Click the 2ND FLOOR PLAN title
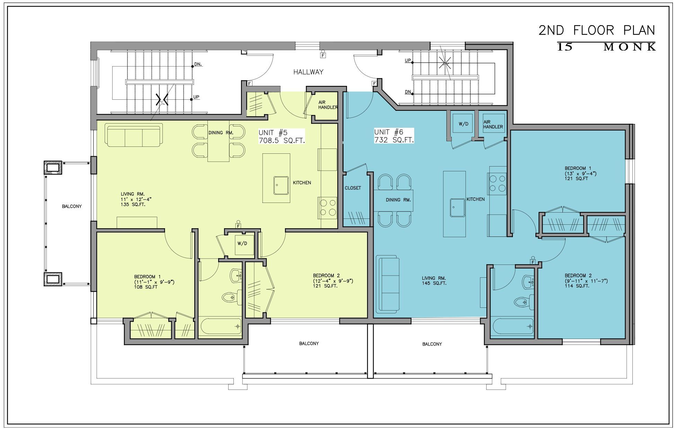point(597,30)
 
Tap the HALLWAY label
point(308,72)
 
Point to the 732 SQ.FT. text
point(394,140)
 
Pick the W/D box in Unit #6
point(463,124)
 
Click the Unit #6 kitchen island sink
point(457,207)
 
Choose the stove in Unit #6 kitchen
point(498,183)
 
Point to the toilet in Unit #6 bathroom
point(523,302)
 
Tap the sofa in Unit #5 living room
point(134,135)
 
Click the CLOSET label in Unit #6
point(353,188)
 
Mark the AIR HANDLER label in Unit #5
point(328,105)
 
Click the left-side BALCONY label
point(72,206)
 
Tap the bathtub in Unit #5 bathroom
point(221,326)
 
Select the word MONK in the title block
point(630,47)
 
